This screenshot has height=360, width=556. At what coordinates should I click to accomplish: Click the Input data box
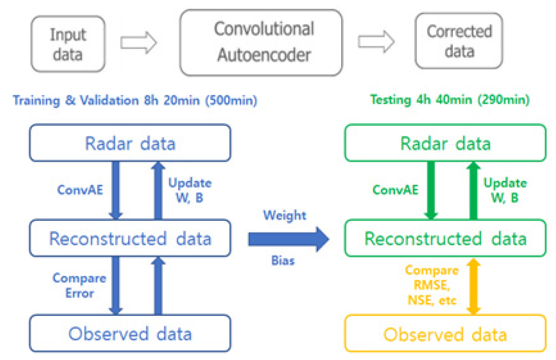[68, 45]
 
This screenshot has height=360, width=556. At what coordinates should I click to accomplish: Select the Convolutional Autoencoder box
[261, 43]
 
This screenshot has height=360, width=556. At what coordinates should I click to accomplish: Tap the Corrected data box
[459, 41]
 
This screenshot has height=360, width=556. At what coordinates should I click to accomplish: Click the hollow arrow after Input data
[139, 43]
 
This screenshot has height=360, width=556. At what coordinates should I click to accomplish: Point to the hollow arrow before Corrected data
[376, 42]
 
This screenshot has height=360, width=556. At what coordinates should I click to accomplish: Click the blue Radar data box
[130, 143]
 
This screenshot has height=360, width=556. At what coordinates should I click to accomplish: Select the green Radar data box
[445, 143]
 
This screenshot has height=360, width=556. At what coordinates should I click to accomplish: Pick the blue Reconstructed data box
[130, 238]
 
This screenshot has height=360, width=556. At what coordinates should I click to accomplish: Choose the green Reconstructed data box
[445, 238]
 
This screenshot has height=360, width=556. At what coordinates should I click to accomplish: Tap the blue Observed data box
[130, 334]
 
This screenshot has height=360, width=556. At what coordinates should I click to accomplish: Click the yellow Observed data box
[445, 334]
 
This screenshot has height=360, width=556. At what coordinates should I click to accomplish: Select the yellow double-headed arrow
[473, 286]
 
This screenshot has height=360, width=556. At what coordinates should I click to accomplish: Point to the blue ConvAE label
[80, 190]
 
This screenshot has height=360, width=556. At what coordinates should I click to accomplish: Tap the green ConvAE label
[395, 190]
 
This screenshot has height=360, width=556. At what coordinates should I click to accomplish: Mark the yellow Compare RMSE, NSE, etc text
[431, 286]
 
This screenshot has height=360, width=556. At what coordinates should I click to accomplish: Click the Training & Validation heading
[135, 101]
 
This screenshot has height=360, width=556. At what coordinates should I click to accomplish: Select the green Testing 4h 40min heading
[450, 100]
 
